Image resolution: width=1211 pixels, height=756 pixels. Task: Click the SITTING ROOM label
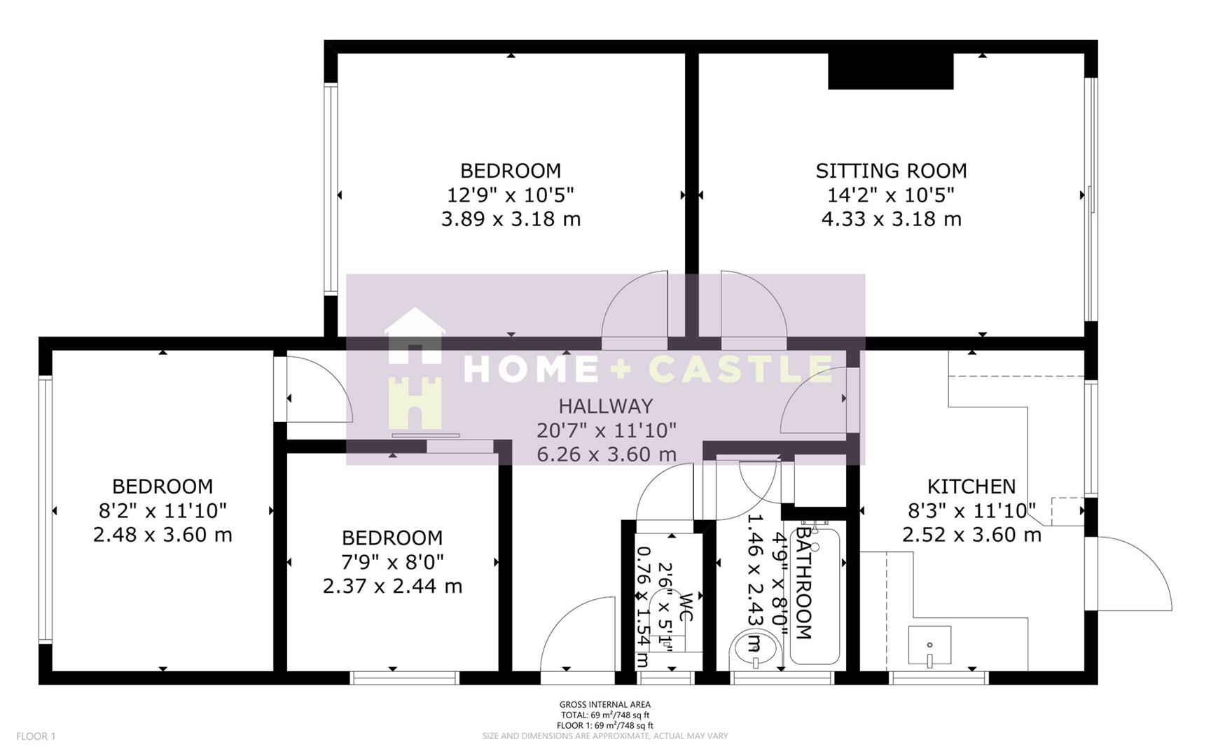891,171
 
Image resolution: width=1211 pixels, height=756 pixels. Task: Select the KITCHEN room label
971,486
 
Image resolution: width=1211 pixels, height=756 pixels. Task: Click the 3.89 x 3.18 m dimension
511,219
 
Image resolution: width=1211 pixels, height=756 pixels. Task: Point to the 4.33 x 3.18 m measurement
891,219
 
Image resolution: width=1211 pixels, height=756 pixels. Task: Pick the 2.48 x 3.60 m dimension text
162,535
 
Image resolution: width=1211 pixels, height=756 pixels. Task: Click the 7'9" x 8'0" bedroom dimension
392,561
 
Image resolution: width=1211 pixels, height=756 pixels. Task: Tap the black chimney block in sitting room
890,71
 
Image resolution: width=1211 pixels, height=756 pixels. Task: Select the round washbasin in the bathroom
755,648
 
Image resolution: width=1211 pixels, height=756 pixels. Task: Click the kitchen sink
929,645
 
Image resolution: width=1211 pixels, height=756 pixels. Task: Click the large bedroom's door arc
634,308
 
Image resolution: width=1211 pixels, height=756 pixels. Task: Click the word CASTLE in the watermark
741,369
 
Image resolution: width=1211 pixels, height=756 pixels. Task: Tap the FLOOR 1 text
35,736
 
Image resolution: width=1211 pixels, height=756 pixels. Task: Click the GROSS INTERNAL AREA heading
604,704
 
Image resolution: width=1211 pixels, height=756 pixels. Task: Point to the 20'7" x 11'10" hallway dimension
607,430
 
